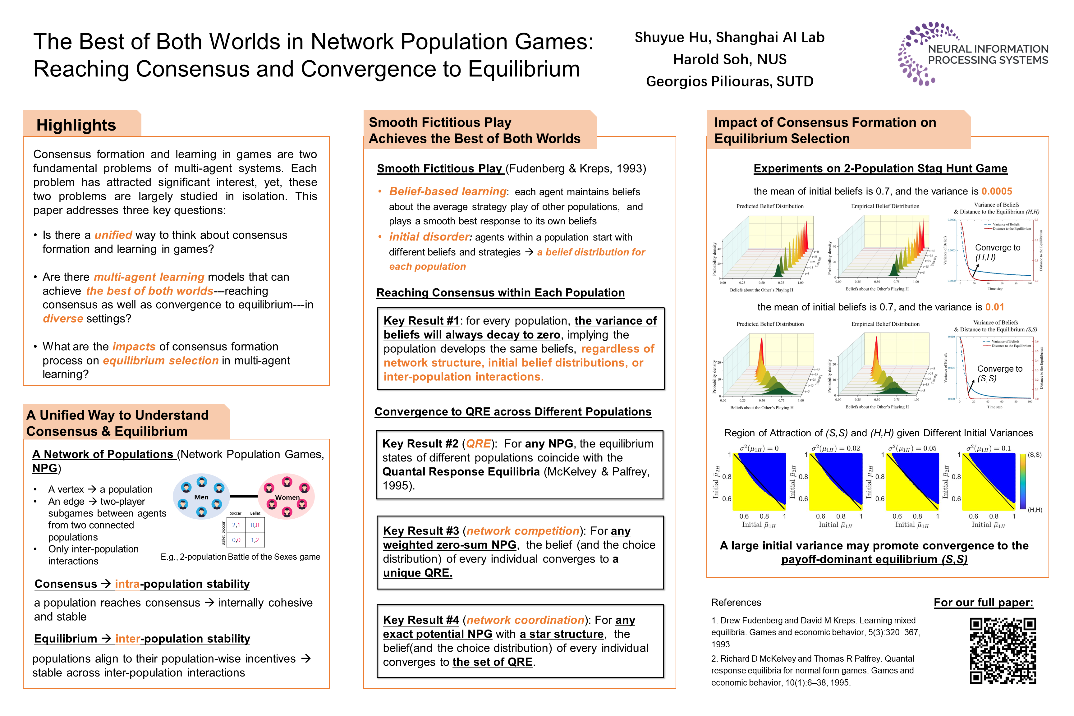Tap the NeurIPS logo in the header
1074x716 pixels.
973,54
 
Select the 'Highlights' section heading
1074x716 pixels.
76,125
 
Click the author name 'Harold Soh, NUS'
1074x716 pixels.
730,59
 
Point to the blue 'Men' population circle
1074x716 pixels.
201,496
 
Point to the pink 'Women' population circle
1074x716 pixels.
287,496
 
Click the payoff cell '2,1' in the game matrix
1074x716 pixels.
236,525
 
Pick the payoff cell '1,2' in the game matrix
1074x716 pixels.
255,540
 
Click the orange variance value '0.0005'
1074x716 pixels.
997,191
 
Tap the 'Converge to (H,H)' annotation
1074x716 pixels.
997,252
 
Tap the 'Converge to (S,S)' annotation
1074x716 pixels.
999,374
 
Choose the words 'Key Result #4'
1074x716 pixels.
420,620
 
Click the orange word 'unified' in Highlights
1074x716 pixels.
113,235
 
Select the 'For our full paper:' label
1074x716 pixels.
983,603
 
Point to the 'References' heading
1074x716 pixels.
736,603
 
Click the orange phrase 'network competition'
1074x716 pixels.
522,531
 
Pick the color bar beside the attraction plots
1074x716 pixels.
1023,481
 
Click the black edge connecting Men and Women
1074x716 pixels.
244,496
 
